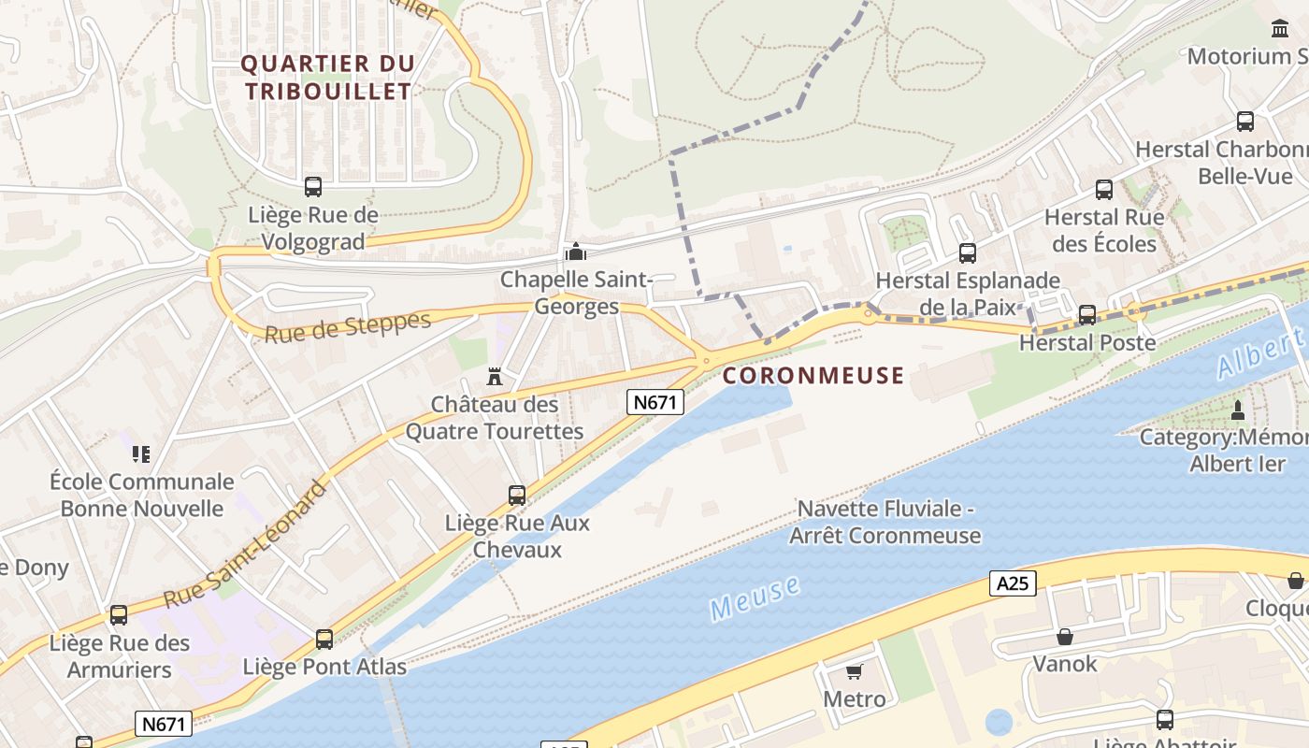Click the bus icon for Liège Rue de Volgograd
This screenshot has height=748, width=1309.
tap(313, 187)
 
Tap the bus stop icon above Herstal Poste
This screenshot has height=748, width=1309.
tap(1087, 315)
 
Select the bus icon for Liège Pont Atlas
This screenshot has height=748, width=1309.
tap(324, 640)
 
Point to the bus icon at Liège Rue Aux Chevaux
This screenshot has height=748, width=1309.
tap(517, 496)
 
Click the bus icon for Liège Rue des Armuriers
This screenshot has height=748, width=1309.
tap(119, 615)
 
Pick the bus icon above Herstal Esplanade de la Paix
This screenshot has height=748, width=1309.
tap(968, 253)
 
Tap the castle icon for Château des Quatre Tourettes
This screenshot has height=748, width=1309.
tap(495, 377)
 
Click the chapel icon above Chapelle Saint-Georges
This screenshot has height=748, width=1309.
tap(575, 252)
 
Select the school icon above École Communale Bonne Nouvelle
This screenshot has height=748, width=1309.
tap(141, 454)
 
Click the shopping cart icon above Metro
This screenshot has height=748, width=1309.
tap(854, 672)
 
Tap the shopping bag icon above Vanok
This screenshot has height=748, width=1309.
tap(1064, 637)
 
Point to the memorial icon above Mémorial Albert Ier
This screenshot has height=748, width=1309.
tap(1238, 410)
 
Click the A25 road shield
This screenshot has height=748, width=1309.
tap(1013, 584)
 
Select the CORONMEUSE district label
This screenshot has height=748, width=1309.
tap(813, 376)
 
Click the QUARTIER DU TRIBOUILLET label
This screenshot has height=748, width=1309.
tap(328, 78)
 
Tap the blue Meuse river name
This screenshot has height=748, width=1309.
tap(755, 598)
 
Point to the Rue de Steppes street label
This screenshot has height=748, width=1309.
tap(348, 327)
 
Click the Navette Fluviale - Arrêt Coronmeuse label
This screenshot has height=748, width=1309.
tap(885, 523)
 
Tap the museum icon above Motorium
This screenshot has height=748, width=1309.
tap(1280, 29)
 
